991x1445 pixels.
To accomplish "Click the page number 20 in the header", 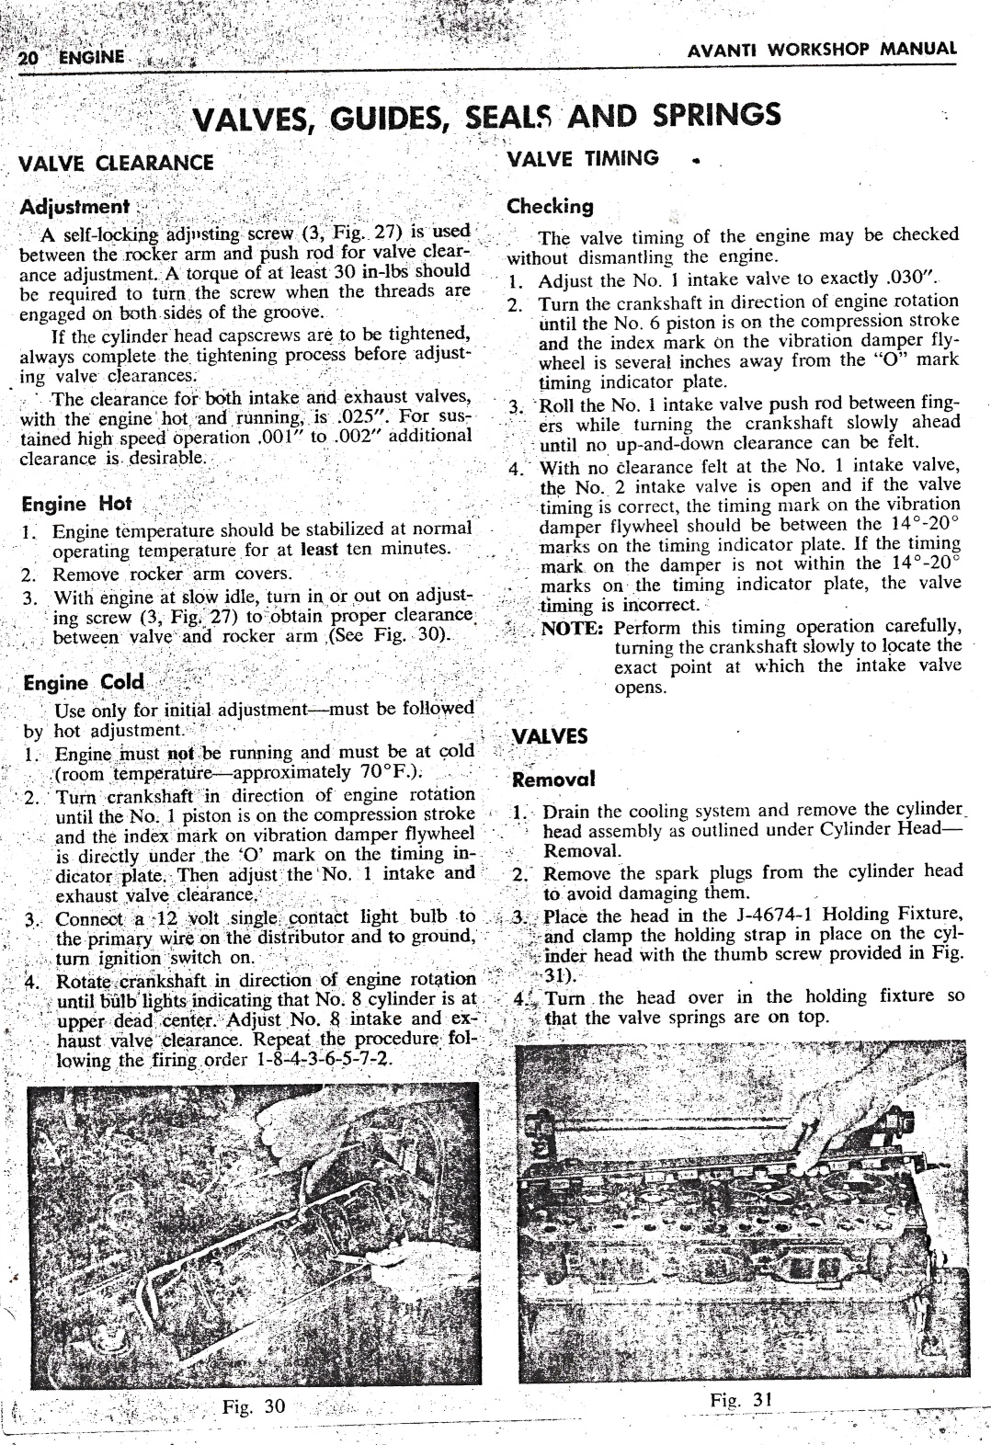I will point(28,55).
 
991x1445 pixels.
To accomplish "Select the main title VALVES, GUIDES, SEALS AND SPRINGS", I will point(486,117).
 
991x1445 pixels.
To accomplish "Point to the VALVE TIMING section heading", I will point(584,157).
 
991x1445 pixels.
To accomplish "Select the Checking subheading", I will point(551,206).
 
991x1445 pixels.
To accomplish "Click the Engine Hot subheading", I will point(77,504).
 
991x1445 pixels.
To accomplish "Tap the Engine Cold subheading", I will point(84,683).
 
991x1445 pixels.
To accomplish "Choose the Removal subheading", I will point(554,779).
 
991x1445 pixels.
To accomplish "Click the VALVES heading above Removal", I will point(550,736).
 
